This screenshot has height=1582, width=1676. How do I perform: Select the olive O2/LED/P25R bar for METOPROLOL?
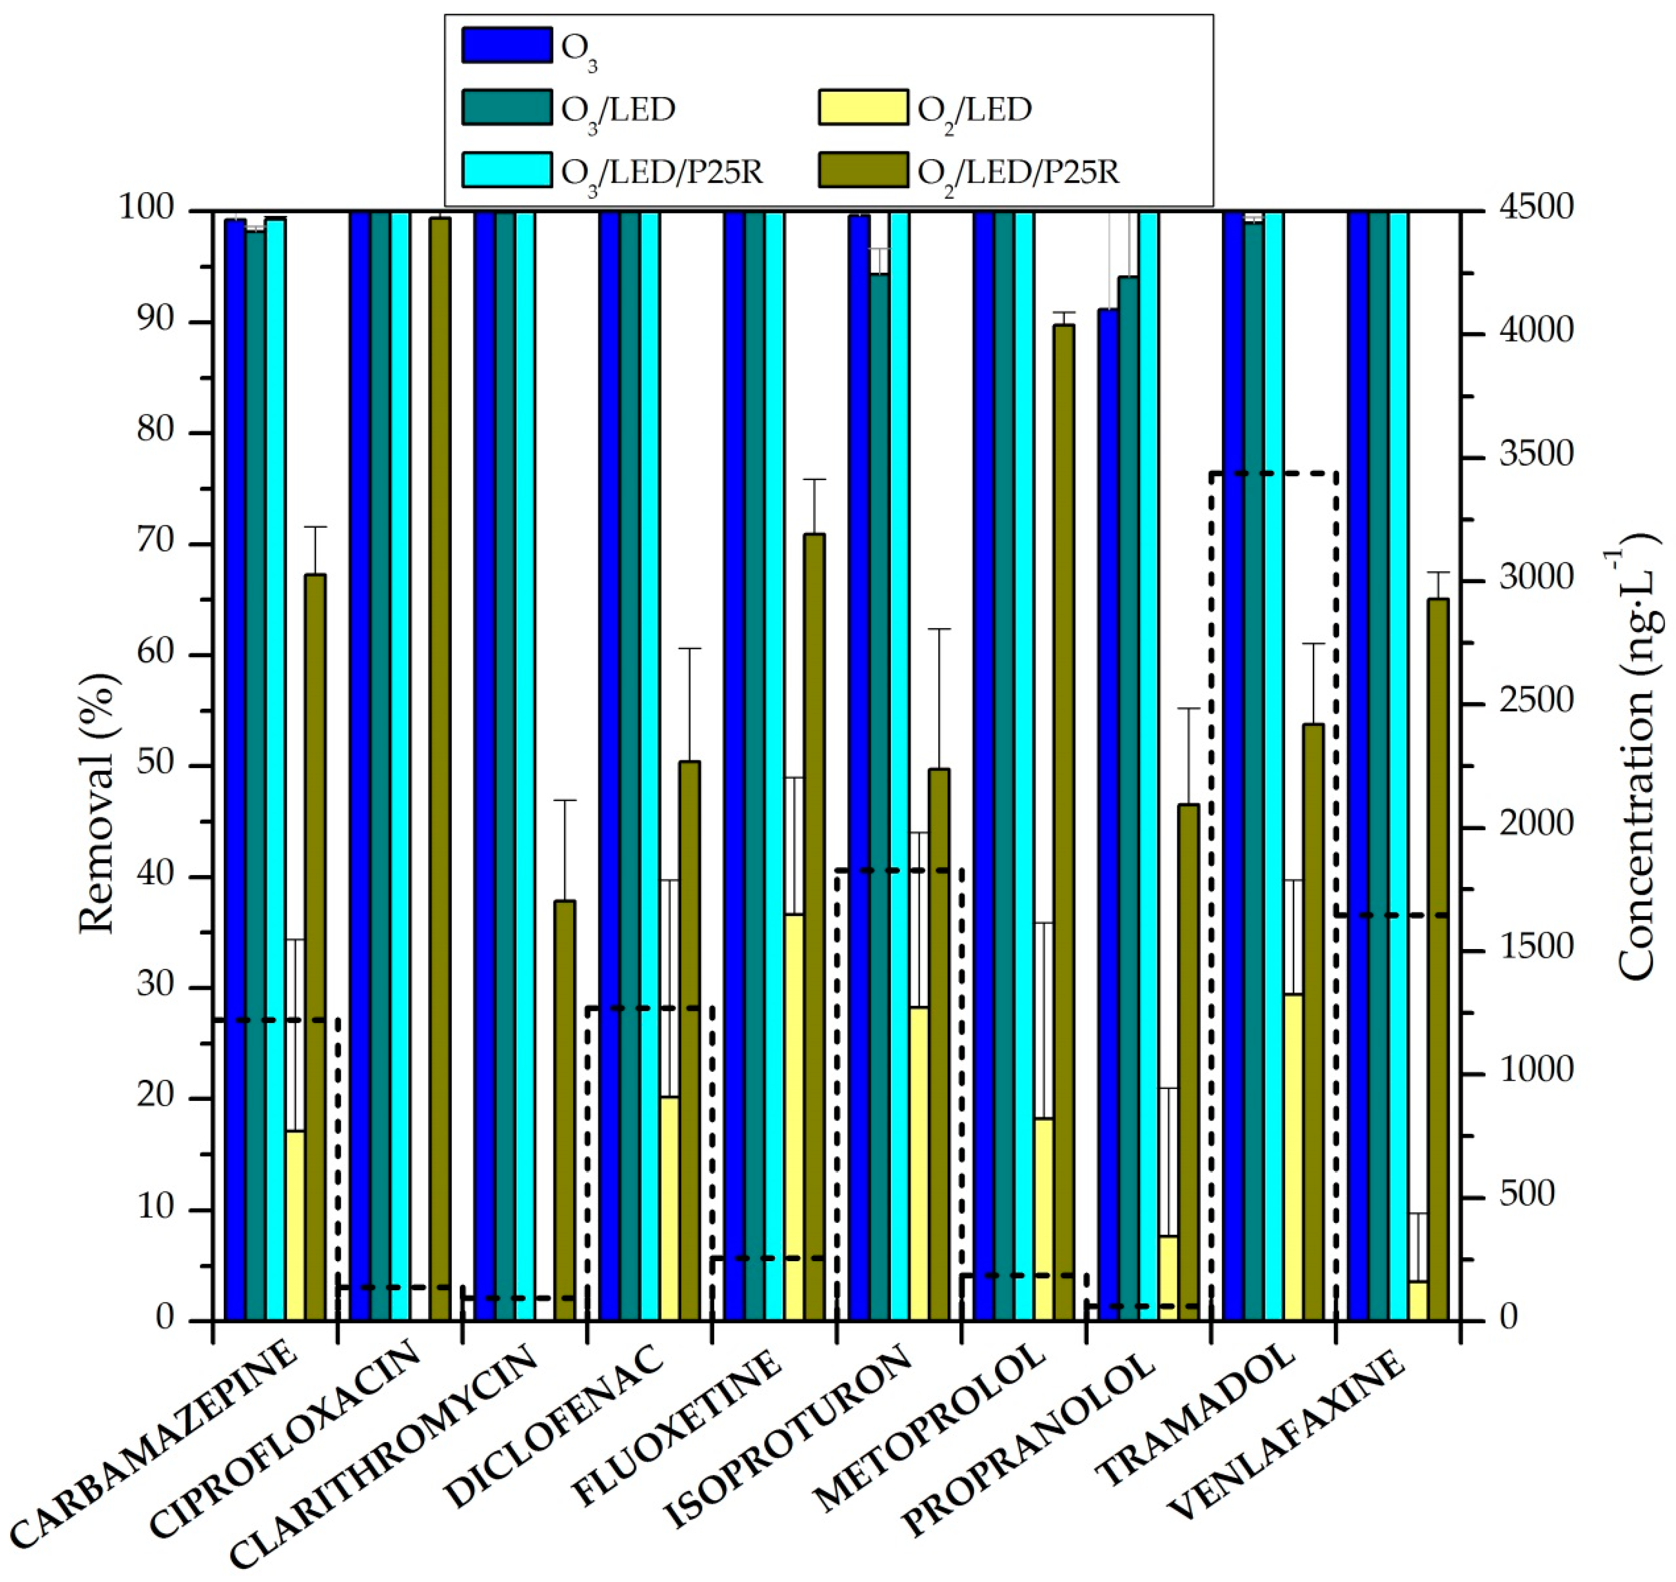[x=1064, y=822]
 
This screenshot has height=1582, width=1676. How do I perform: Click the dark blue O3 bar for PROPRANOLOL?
[x=1108, y=814]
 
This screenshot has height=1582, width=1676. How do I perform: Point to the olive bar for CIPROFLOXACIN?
[x=439, y=768]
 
